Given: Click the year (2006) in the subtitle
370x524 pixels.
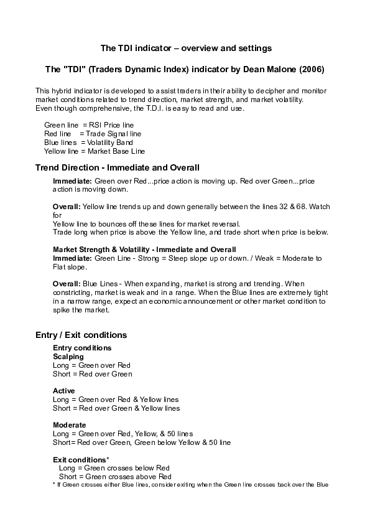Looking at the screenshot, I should tap(311, 67).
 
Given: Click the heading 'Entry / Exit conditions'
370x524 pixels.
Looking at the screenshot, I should tap(81, 335).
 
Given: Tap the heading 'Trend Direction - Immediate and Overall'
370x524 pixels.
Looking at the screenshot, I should tap(118, 167).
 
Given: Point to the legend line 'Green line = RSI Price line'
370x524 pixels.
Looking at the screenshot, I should tap(89, 125).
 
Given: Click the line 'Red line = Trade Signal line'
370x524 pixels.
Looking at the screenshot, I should tap(93, 134).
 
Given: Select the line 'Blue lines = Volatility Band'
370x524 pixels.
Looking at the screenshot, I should tap(88, 143).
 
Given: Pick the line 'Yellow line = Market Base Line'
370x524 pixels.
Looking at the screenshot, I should tap(95, 151).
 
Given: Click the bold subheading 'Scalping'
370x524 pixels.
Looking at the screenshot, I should tap(68, 357).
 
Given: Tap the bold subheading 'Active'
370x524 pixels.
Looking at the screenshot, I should tap(64, 390).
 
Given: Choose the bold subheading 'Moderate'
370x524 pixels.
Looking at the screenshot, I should tap(69, 424).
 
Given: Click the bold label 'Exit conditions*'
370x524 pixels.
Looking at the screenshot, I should tap(81, 459).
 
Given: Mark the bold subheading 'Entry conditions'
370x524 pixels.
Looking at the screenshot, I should tap(82, 347).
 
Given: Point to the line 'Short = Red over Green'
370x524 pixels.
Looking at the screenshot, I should tap(92, 374).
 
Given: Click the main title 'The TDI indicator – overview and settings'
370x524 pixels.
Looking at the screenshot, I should tap(186, 48).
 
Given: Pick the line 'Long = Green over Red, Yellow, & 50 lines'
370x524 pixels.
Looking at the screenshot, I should tap(123, 433).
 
